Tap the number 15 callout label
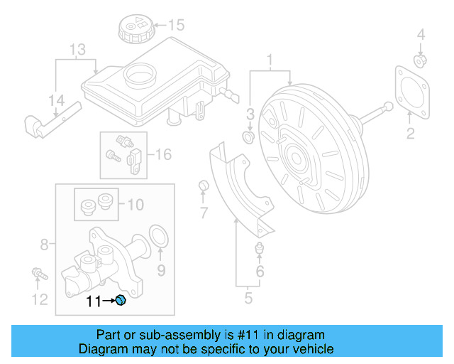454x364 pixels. pyautogui.click(x=175, y=26)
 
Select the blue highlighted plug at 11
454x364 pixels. pyautogui.click(x=121, y=301)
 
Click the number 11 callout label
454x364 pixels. pyautogui.click(x=93, y=301)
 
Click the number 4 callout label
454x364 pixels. pyautogui.click(x=420, y=34)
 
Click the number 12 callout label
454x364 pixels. pyautogui.click(x=40, y=299)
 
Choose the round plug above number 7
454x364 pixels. pyautogui.click(x=203, y=186)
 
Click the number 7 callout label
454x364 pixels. pyautogui.click(x=203, y=212)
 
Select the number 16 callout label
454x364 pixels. pyautogui.click(x=162, y=154)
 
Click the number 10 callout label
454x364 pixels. pyautogui.click(x=135, y=205)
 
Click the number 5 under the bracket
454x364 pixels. pyautogui.click(x=248, y=298)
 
